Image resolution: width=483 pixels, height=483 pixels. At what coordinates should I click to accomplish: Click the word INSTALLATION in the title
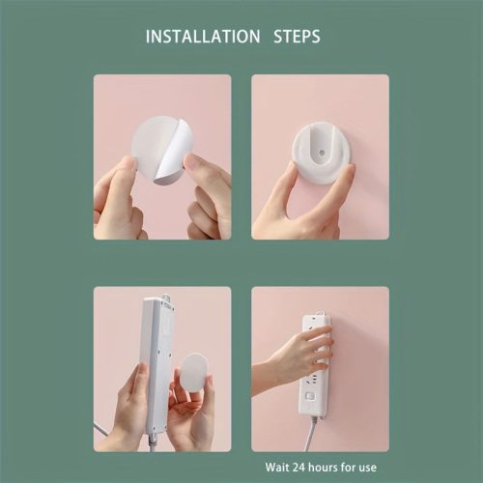(203, 36)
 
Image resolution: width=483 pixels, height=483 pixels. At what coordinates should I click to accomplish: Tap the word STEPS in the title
(297, 36)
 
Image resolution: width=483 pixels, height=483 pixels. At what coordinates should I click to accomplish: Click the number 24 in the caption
(299, 468)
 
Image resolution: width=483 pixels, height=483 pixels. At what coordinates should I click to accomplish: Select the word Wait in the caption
(277, 468)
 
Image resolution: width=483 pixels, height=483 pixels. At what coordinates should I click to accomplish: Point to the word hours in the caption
(324, 468)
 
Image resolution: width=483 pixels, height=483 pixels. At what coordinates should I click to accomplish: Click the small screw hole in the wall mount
(322, 152)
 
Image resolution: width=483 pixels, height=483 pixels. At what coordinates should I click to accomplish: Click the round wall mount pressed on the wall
(322, 153)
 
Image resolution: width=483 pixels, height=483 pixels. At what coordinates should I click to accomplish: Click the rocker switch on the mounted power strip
(310, 396)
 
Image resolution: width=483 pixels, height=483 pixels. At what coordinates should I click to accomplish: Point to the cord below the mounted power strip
(311, 434)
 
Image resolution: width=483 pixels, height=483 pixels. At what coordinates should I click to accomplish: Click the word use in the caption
(367, 469)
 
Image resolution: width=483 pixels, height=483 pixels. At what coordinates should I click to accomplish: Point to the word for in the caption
(349, 468)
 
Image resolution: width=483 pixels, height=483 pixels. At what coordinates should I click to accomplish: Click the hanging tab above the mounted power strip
(320, 313)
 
